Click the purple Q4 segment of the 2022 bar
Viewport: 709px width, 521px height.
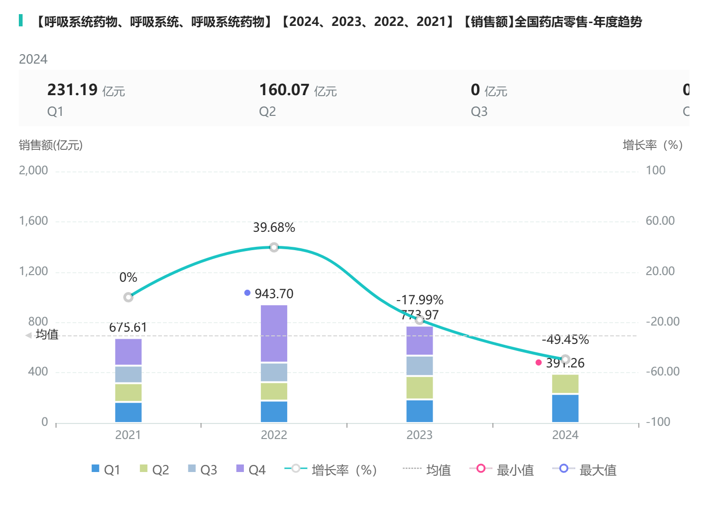click(x=274, y=333)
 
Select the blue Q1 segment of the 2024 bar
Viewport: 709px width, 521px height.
click(x=565, y=408)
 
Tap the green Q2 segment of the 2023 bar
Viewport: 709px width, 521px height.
click(x=419, y=387)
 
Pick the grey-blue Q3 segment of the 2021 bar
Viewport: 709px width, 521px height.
click(x=128, y=374)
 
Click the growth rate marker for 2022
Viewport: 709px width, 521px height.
click(x=274, y=247)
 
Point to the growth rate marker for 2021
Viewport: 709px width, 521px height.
click(x=128, y=297)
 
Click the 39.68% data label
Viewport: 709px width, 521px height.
click(x=274, y=228)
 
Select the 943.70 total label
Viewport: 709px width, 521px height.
click(x=274, y=294)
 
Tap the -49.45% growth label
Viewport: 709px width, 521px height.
click(x=565, y=340)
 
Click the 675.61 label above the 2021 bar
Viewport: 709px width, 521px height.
click(x=128, y=327)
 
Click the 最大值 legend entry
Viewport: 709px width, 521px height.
click(x=585, y=470)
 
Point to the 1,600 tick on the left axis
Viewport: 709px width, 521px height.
click(x=33, y=221)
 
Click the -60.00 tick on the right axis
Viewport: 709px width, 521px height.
click(x=662, y=372)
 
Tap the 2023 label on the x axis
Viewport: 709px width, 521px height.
click(x=419, y=435)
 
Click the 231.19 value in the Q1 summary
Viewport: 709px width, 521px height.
click(x=73, y=90)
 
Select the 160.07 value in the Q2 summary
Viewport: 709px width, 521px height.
click(x=284, y=90)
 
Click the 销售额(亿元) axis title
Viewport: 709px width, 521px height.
click(x=51, y=145)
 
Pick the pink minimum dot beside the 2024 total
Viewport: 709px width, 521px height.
click(x=539, y=363)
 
